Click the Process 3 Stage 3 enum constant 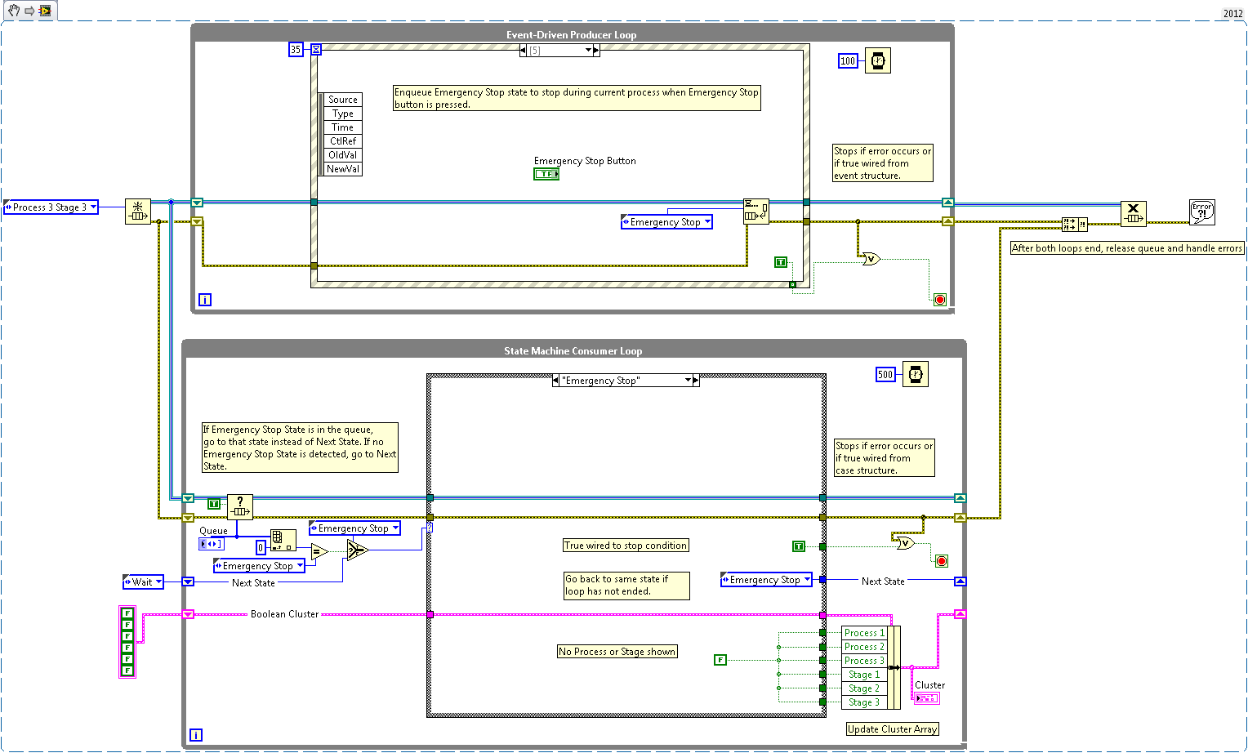[51, 207]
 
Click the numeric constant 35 [296, 50]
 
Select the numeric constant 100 [848, 61]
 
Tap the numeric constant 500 [885, 375]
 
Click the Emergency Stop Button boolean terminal [546, 174]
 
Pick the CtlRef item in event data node [343, 141]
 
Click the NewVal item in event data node [343, 169]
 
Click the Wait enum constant [143, 582]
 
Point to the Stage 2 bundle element [864, 688]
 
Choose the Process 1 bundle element [864, 633]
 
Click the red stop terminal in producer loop [940, 300]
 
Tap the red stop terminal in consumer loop [942, 561]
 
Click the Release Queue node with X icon [1133, 213]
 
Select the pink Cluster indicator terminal [927, 698]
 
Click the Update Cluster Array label [892, 729]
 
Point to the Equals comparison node [319, 552]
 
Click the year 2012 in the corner [1232, 13]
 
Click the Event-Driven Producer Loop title [571, 35]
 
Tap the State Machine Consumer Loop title [573, 351]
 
